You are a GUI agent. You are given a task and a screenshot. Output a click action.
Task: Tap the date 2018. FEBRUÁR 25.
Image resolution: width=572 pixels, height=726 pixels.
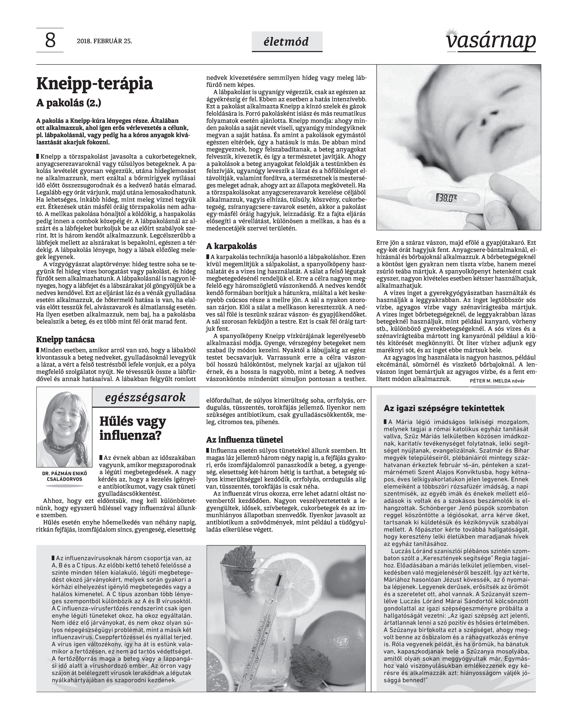pyautogui.click(x=105, y=41)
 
